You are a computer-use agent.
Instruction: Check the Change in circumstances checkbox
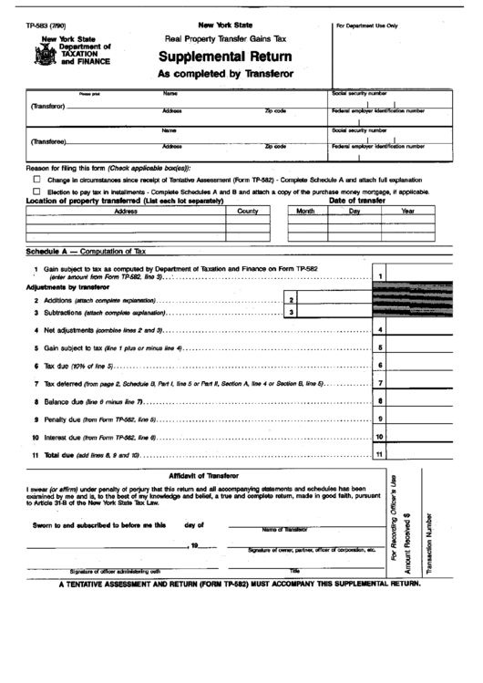36,181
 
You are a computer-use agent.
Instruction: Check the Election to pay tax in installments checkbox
36,191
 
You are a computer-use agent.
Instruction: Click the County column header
248,211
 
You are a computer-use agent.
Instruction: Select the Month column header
305,211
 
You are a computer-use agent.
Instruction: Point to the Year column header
407,211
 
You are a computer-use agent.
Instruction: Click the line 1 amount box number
379,276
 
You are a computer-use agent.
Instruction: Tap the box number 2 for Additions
290,299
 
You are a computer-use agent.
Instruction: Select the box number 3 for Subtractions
290,312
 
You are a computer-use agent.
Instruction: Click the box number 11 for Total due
379,454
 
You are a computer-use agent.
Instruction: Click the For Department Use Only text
367,26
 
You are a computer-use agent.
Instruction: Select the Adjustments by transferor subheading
67,286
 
